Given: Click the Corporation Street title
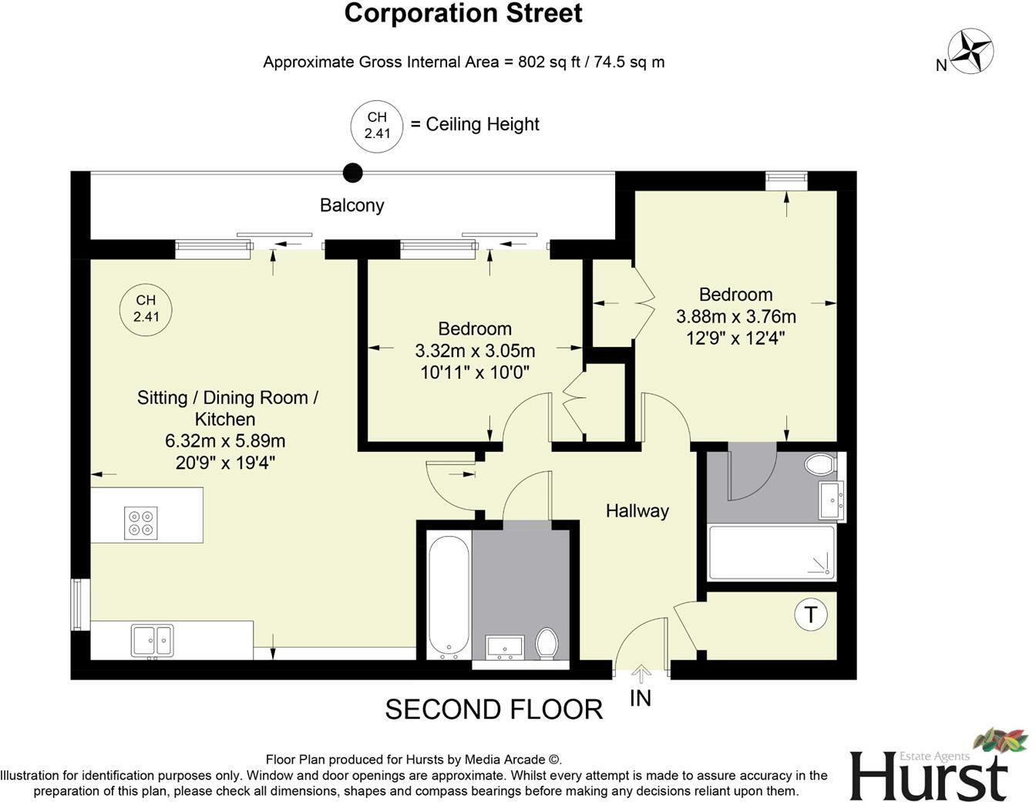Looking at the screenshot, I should coord(462,13).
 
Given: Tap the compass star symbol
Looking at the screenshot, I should coord(970,50).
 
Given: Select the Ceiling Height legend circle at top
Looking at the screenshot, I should coord(376,125).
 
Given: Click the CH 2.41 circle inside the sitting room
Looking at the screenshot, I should coord(146,308).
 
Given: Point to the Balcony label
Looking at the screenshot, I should coord(351,205).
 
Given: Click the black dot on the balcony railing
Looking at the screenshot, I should coord(352,173).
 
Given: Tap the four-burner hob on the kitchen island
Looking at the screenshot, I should coord(141,523).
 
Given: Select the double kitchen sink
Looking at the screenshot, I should coord(153,640).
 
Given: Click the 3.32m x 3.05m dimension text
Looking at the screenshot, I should coord(475,351).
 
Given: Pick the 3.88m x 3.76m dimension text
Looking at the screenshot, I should coord(735,316).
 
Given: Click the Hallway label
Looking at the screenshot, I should coord(637,511).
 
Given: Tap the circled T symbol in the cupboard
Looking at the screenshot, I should coord(810,615).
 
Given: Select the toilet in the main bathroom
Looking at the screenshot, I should coord(547,643).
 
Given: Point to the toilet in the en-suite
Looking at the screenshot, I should coord(819,465).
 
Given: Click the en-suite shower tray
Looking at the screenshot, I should coord(771,552).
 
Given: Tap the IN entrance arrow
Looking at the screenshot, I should coord(641,675).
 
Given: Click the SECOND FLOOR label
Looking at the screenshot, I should coord(493,709).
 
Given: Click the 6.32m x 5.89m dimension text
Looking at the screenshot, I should coord(225,441).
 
